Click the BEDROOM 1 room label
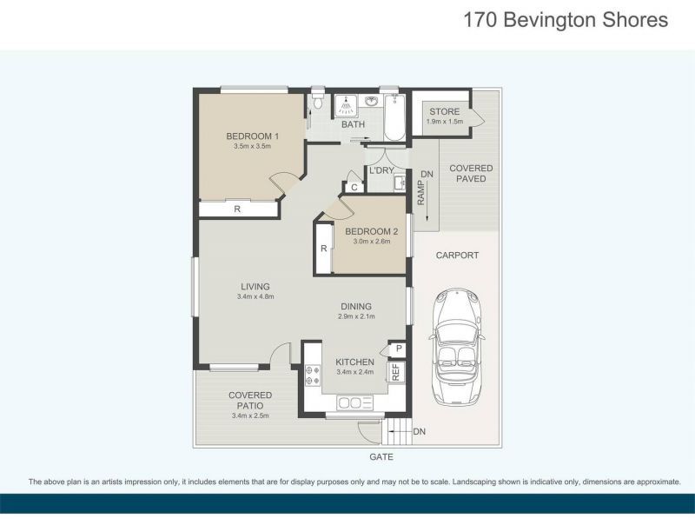click(252, 136)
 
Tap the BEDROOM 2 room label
click(371, 231)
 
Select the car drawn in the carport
click(457, 347)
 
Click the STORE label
click(444, 111)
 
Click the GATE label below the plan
click(381, 456)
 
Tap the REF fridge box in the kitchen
click(395, 371)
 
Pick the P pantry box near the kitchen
click(398, 349)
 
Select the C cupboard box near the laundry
click(354, 187)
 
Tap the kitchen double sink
click(354, 402)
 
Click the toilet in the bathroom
click(319, 104)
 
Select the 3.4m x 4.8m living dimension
click(255, 297)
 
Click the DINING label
click(355, 306)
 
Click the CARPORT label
click(457, 256)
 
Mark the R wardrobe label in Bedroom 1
click(237, 209)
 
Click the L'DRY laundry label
click(381, 170)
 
